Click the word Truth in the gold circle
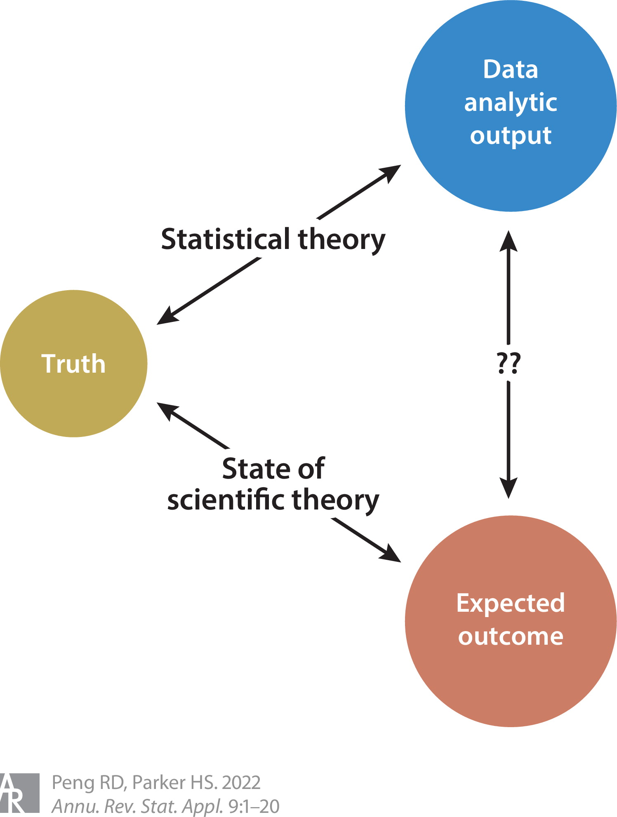pyautogui.click(x=73, y=364)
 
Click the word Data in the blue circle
pyautogui.click(x=511, y=69)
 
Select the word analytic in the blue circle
pyautogui.click(x=511, y=103)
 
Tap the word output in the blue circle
pyautogui.click(x=511, y=136)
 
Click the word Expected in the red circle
pyautogui.click(x=511, y=603)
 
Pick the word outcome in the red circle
pyautogui.click(x=511, y=636)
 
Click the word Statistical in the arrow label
pyautogui.click(x=226, y=239)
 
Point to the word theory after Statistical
pyautogui.click(x=341, y=240)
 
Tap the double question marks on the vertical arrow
pyautogui.click(x=509, y=363)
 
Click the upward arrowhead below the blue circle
pyautogui.click(x=509, y=241)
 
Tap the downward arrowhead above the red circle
pyautogui.click(x=509, y=488)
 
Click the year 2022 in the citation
pyautogui.click(x=241, y=782)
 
